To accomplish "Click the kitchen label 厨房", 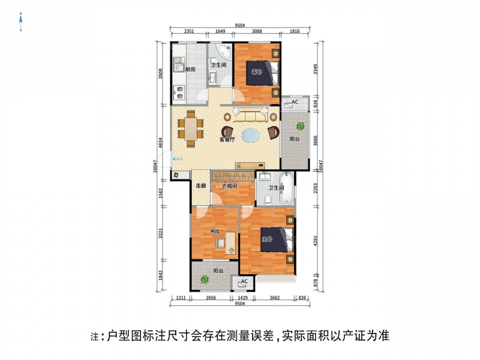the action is (x=190, y=69).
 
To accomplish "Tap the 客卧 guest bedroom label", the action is (x=257, y=72).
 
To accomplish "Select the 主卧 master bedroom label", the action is (x=266, y=239).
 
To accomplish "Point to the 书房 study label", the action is (x=215, y=232).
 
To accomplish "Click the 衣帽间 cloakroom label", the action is (x=230, y=186).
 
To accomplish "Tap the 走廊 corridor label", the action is (x=201, y=186).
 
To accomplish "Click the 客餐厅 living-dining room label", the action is (x=227, y=140).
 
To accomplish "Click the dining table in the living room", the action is (x=191, y=129).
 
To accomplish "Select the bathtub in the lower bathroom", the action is (x=287, y=188).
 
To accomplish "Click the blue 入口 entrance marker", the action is (x=178, y=159).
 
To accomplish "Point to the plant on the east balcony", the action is (x=301, y=125).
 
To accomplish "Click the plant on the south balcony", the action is (x=204, y=279).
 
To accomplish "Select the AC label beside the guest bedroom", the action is (x=295, y=102).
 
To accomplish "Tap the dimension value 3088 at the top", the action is (x=257, y=31).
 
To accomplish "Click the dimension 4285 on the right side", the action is (x=316, y=241).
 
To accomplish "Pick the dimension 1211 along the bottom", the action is (x=181, y=298).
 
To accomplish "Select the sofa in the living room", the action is (x=251, y=115).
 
